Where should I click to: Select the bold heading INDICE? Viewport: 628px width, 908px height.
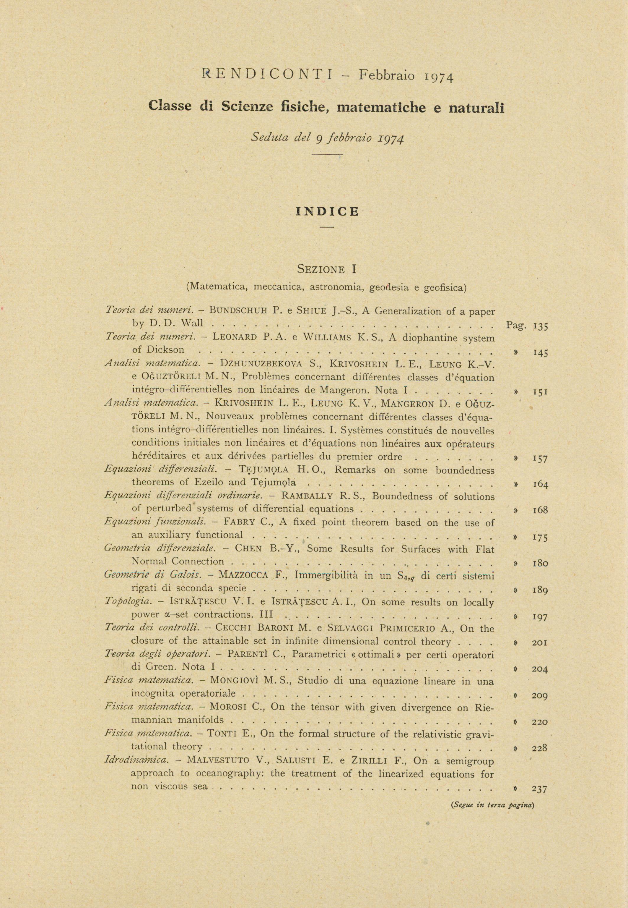pyautogui.click(x=327, y=212)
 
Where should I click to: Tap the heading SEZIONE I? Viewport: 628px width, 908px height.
pyautogui.click(x=327, y=269)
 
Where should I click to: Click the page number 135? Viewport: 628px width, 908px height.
pyautogui.click(x=540, y=326)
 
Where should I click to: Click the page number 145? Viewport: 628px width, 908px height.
pyautogui.click(x=540, y=352)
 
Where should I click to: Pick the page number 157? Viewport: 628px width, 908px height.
pyautogui.click(x=540, y=458)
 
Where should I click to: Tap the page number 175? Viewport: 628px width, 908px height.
pyautogui.click(x=540, y=538)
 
